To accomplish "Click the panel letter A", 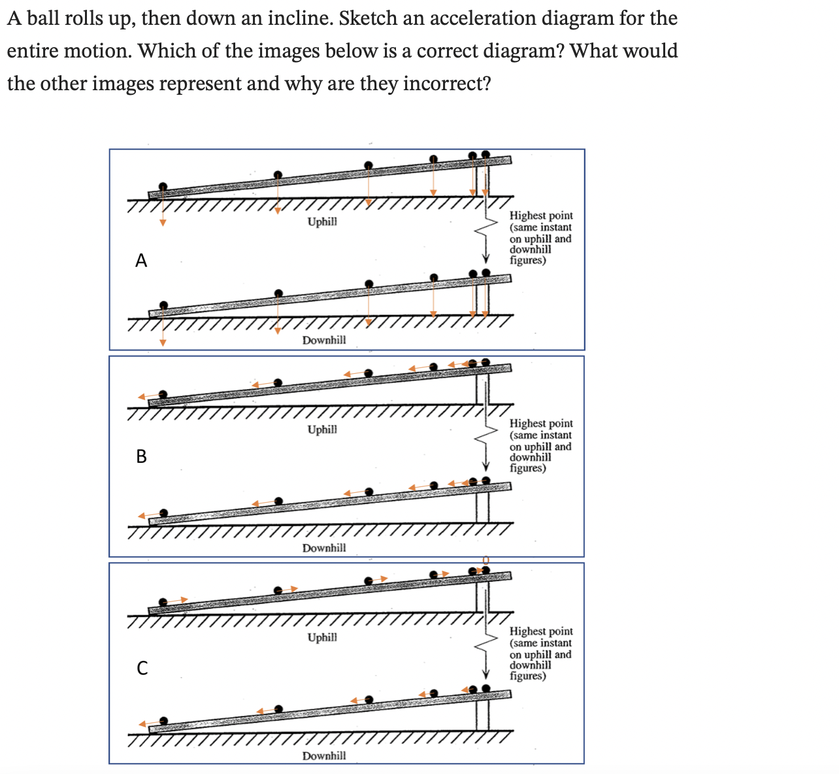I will click(141, 261).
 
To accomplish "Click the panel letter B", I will click(141, 456).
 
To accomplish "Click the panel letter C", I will click(142, 667).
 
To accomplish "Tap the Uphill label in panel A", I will click(322, 222).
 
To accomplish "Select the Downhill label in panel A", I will click(324, 340).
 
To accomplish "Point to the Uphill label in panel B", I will click(322, 429).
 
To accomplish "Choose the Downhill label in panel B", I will click(324, 548).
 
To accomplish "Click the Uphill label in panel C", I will click(322, 637).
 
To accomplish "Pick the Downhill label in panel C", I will click(324, 756).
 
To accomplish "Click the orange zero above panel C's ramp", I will click(485, 560).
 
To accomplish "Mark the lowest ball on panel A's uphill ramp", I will click(163, 186).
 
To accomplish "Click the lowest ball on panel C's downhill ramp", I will click(163, 720).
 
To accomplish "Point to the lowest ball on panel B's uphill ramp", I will click(163, 394).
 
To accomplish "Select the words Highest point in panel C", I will click(541, 631).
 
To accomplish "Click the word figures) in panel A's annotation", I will click(527, 260).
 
